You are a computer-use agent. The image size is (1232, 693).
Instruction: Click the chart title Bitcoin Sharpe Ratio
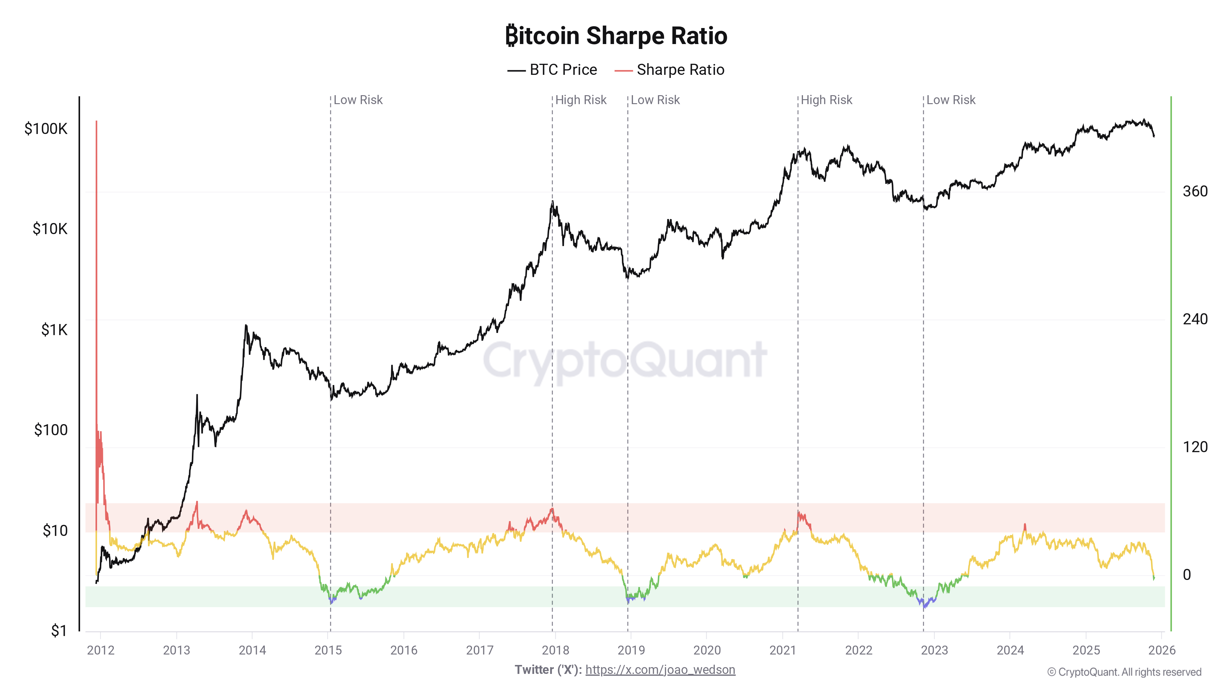(x=616, y=36)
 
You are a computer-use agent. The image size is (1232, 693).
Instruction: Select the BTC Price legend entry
(x=552, y=70)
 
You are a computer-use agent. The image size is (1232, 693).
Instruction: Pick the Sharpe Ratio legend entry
(x=670, y=70)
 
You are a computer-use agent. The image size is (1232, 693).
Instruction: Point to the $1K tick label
(x=54, y=330)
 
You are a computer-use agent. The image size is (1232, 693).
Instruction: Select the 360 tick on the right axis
(x=1195, y=191)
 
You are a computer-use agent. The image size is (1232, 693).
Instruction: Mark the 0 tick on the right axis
(x=1186, y=574)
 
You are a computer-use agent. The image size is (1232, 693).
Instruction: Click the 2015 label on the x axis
(x=328, y=650)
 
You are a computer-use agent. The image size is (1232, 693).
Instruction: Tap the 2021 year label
(x=782, y=650)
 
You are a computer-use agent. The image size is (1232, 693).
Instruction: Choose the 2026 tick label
(x=1162, y=650)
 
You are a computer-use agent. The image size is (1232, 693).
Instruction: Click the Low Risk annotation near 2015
(x=358, y=100)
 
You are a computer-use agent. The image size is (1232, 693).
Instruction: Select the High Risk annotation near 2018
(x=581, y=100)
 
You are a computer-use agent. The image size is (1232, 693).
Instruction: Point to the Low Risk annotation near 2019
(x=655, y=100)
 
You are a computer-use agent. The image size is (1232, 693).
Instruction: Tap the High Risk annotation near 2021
(x=826, y=100)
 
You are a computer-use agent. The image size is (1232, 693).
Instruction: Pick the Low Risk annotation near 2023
(x=951, y=100)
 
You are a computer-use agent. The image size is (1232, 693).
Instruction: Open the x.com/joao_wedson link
(x=660, y=670)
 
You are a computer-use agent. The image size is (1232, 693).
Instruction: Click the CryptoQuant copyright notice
(x=1124, y=672)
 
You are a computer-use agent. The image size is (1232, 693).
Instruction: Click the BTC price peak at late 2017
(x=552, y=202)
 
